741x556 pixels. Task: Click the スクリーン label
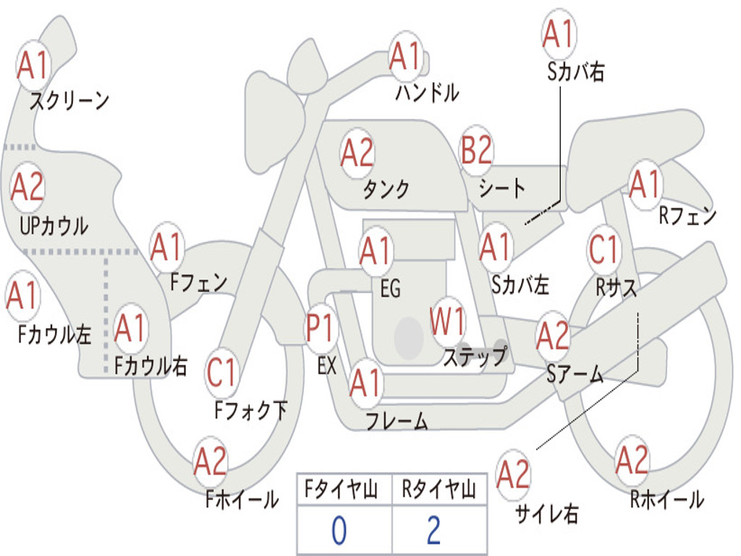[69, 101]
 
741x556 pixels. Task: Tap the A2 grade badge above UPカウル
[27, 187]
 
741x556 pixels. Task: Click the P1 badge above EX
[321, 329]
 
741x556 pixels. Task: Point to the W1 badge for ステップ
[448, 321]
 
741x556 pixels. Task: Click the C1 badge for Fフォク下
[222, 372]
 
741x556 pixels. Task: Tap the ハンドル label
[427, 92]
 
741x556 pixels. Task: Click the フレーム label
[397, 421]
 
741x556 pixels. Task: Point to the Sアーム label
[575, 374]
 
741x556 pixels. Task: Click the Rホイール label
[666, 499]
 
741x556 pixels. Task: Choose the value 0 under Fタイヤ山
[339, 531]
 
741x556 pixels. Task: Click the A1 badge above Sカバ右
[558, 34]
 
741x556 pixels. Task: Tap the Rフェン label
[687, 216]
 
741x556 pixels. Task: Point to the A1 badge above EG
[376, 250]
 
